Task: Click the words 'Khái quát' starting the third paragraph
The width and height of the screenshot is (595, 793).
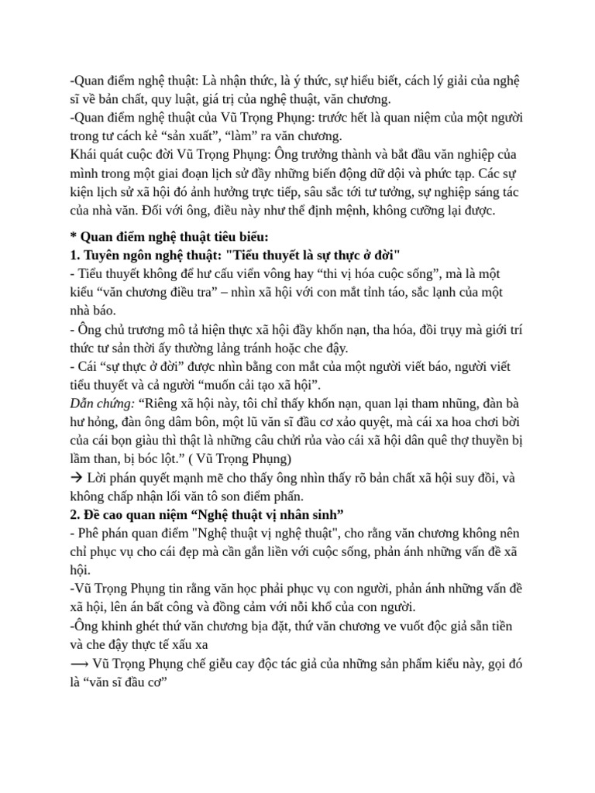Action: (96, 154)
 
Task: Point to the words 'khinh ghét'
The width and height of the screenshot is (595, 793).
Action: (128, 627)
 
